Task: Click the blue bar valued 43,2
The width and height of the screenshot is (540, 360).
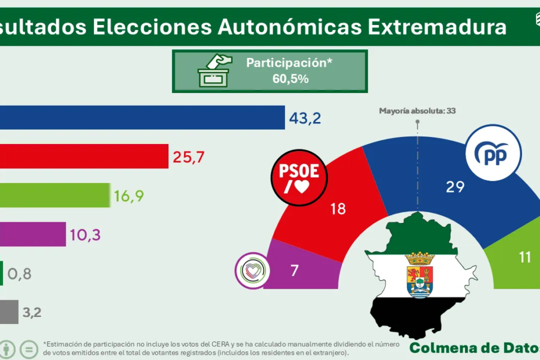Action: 142,118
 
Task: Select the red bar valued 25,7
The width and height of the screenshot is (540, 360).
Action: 84,156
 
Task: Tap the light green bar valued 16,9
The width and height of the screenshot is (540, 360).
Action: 55,195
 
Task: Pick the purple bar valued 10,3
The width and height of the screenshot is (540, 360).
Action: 33,234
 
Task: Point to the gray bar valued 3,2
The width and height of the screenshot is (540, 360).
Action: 9,312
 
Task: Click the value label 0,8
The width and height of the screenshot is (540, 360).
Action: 20,273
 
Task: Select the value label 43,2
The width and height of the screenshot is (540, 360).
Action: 305,118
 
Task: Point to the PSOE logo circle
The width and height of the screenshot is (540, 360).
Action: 300,178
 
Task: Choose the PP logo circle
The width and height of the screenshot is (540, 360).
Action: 494,153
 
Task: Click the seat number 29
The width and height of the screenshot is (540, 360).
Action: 455,187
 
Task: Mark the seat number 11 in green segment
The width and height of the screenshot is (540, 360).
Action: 525,257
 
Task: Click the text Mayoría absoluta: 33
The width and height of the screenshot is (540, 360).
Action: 417,110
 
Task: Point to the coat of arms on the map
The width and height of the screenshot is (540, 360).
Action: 420,275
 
